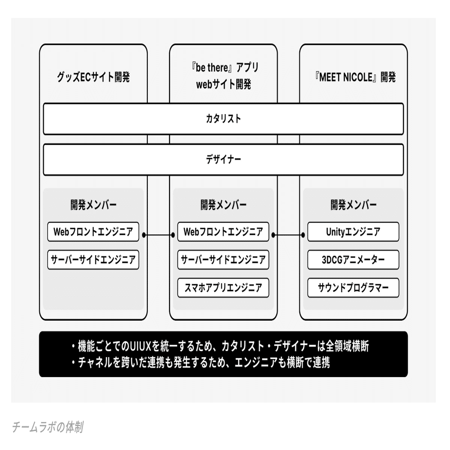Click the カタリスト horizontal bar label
[x=223, y=118]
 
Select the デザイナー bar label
[x=223, y=159]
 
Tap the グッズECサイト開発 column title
[x=93, y=77]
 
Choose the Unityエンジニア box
[x=353, y=232]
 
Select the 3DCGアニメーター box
[x=353, y=260]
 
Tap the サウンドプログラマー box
[x=353, y=288]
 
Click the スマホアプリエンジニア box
[x=223, y=288]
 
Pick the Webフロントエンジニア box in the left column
[x=93, y=232]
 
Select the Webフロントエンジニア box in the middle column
[x=223, y=232]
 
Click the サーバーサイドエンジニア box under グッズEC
[x=93, y=260]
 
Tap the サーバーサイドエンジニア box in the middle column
[x=223, y=260]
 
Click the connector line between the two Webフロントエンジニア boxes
[x=158, y=234]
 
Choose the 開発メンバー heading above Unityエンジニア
[x=353, y=205]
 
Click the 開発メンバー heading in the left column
[x=93, y=205]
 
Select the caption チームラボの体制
[x=48, y=428]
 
